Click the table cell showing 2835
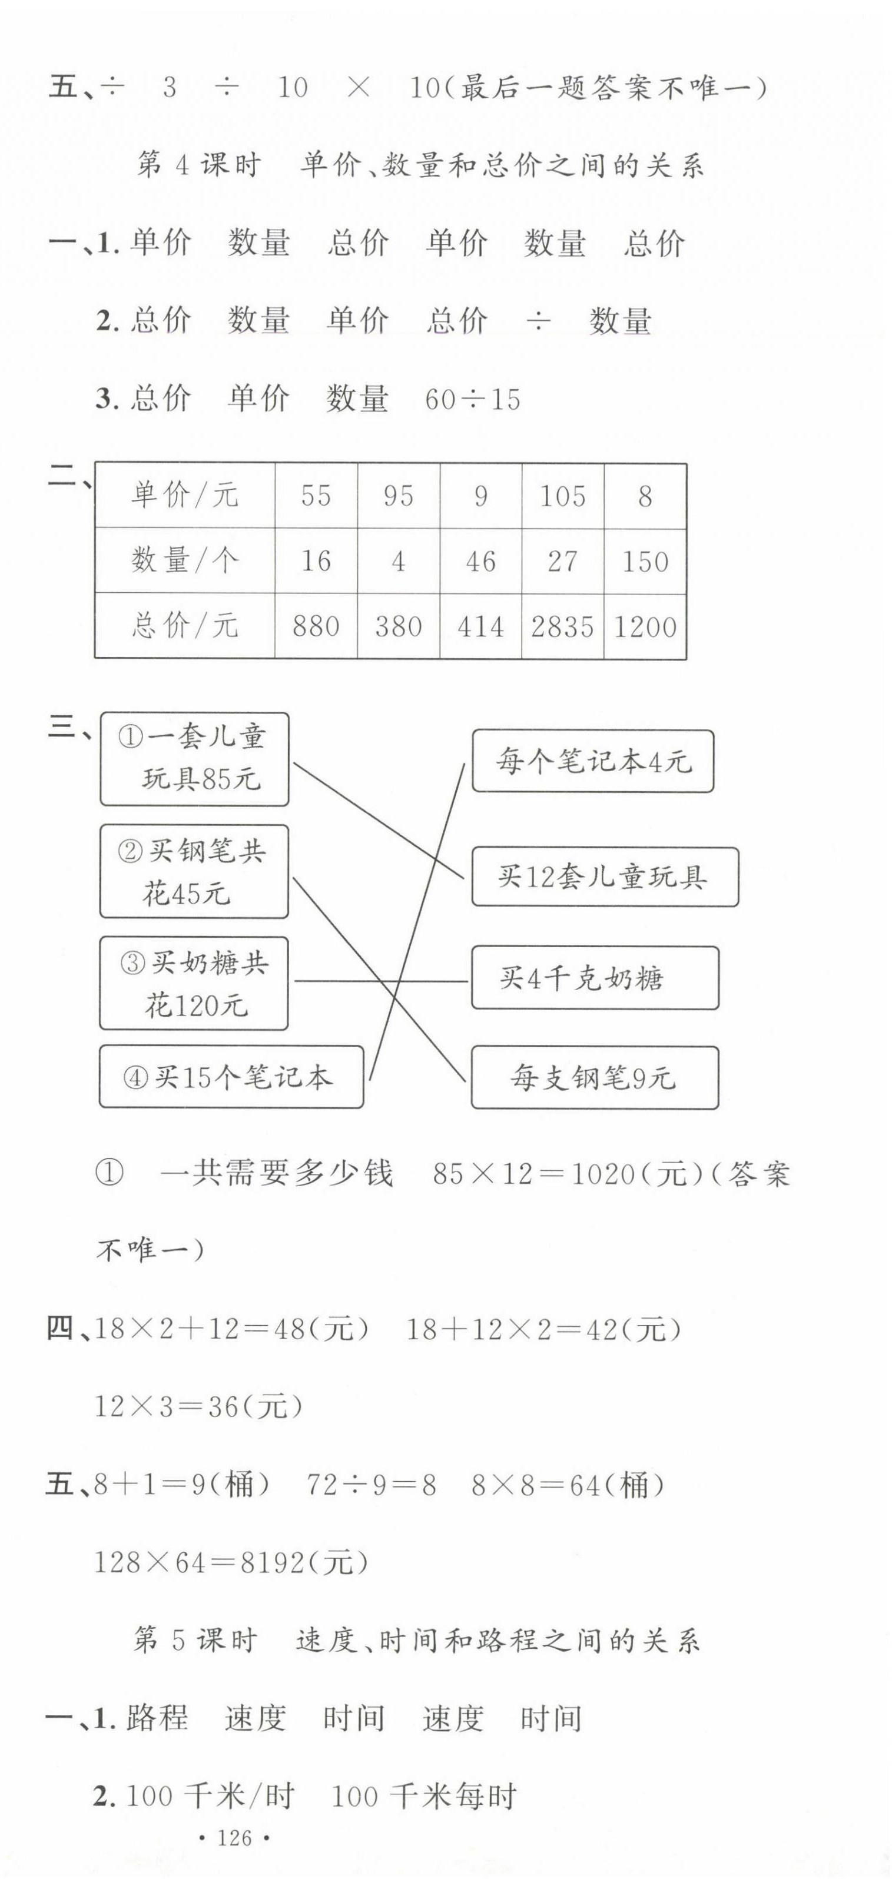tap(562, 627)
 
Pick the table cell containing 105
tap(562, 496)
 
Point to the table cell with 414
tap(480, 627)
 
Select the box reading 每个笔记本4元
tap(592, 761)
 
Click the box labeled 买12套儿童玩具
tap(604, 876)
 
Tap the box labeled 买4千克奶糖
tap(595, 978)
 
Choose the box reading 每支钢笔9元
tap(595, 1077)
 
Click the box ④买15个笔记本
tap(231, 1076)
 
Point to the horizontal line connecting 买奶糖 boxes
tap(380, 981)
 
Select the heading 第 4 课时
tap(198, 166)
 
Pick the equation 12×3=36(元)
tap(198, 1406)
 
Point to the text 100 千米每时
tap(424, 1796)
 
